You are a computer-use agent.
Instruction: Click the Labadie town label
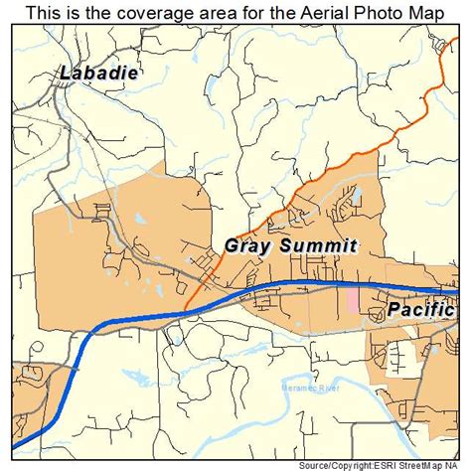coord(99,73)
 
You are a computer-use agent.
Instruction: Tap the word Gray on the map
coord(249,244)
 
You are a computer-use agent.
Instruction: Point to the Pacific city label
coord(420,309)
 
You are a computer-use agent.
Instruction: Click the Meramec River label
coord(310,388)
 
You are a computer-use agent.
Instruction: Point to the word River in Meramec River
coord(327,388)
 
